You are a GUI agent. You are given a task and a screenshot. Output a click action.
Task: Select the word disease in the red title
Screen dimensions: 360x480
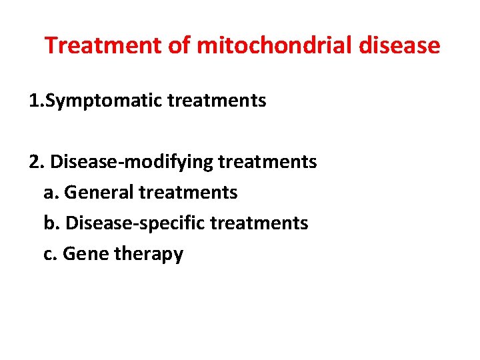click(399, 45)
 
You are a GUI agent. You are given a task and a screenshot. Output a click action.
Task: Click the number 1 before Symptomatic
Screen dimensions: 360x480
click(33, 101)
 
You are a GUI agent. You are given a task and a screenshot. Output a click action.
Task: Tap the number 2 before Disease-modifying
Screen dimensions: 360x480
click(34, 162)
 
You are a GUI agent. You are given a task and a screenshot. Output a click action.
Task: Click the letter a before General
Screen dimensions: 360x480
click(48, 193)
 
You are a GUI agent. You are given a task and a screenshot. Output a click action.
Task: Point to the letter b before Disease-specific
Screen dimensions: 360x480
click(49, 223)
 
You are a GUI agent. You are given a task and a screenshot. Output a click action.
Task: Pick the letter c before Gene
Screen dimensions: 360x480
click(48, 254)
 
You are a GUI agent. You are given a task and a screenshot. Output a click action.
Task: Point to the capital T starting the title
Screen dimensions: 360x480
click(51, 45)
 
